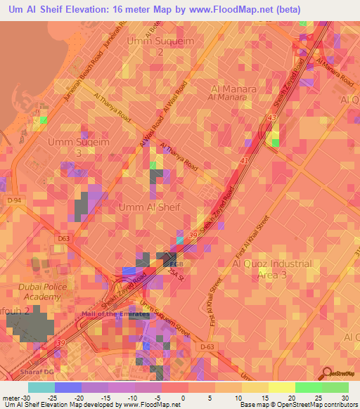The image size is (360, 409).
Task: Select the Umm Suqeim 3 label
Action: tap(70, 146)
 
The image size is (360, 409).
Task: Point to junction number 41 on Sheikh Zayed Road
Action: tap(244, 161)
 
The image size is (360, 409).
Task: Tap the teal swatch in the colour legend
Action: tap(41, 387)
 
